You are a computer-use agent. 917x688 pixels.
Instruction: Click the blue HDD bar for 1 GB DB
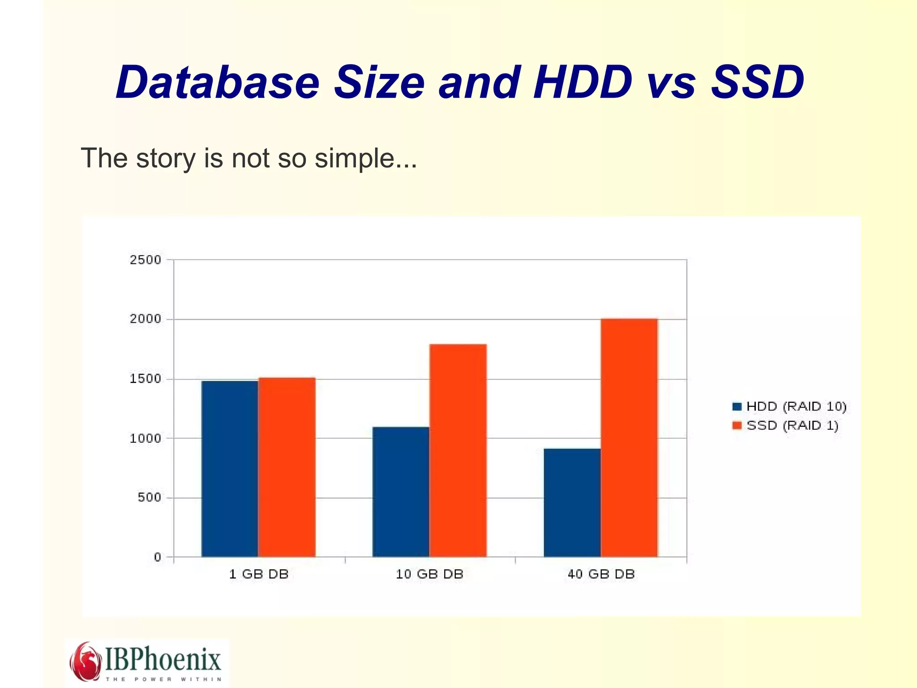click(230, 468)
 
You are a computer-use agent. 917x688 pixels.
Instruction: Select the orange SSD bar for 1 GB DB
click(287, 467)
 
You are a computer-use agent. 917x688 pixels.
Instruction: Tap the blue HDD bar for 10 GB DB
click(401, 492)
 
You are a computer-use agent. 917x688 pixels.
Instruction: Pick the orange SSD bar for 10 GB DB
click(458, 450)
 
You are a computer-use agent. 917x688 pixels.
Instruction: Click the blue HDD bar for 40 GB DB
click(572, 502)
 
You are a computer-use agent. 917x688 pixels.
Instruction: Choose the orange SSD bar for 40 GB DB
click(629, 438)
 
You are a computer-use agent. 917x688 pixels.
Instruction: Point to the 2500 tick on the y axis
click(145, 260)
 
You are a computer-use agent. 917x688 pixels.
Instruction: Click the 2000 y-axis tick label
click(145, 319)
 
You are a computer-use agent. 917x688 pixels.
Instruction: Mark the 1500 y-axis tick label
click(145, 379)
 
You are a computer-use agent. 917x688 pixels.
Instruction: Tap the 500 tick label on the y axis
click(149, 498)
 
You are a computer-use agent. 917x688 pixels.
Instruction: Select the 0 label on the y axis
click(157, 557)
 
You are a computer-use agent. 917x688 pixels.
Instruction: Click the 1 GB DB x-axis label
click(258, 574)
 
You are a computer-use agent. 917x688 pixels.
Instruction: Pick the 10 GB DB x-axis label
click(429, 574)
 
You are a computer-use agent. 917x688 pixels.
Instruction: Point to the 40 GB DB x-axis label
click(601, 574)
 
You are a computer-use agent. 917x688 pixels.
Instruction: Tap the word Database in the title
click(218, 82)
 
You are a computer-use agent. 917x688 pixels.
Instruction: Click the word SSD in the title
click(757, 82)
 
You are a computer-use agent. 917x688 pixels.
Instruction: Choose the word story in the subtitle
click(165, 159)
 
